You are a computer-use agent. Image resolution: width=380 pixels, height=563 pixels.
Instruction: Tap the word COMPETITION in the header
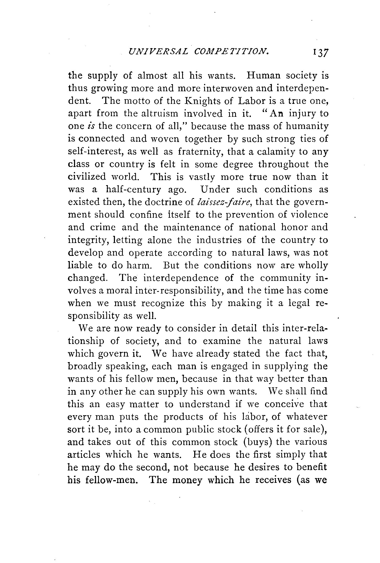(232, 52)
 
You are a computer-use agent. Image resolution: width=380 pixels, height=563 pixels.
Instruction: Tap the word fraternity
(200, 152)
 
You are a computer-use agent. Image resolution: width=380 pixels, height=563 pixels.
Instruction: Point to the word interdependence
(181, 278)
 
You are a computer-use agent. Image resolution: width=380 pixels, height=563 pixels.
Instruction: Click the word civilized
(87, 177)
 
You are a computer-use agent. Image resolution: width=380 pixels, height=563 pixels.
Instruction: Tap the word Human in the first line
(263, 76)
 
